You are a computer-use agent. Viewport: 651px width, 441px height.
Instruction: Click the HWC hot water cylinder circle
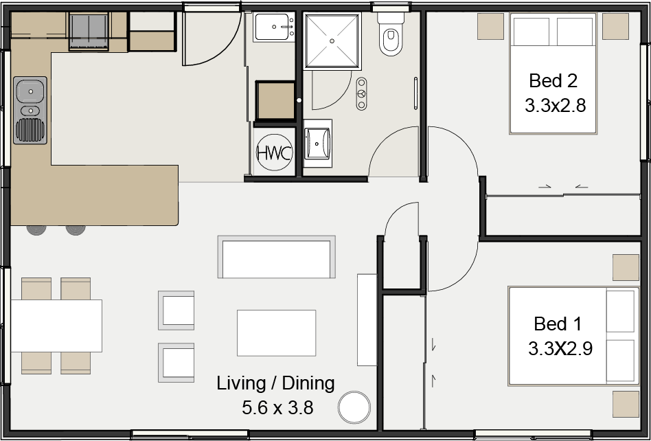pyautogui.click(x=274, y=152)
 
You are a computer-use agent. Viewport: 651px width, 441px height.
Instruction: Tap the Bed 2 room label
pyautogui.click(x=553, y=80)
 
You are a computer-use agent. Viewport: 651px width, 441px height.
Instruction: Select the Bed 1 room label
pyautogui.click(x=558, y=324)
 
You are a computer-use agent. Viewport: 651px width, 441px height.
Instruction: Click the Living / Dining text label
pyautogui.click(x=275, y=383)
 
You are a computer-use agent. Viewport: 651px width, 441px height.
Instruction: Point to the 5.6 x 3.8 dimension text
pyautogui.click(x=277, y=408)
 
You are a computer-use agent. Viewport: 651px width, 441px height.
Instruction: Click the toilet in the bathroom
pyautogui.click(x=391, y=34)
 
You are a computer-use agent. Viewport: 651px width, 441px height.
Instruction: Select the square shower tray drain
pyautogui.click(x=332, y=41)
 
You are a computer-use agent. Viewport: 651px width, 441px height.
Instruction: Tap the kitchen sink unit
pyautogui.click(x=30, y=111)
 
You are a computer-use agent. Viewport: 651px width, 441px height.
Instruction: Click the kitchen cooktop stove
pyautogui.click(x=89, y=32)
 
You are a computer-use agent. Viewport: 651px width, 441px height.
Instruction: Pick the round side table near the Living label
pyautogui.click(x=354, y=407)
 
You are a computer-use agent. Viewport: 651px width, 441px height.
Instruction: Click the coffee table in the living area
pyautogui.click(x=277, y=332)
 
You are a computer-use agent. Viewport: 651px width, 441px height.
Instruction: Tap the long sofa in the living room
pyautogui.click(x=277, y=257)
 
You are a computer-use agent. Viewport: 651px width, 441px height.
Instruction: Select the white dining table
pyautogui.click(x=56, y=326)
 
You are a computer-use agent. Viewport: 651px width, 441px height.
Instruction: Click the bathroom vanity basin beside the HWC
pyautogui.click(x=318, y=144)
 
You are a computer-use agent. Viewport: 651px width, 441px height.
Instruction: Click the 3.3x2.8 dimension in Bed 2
pyautogui.click(x=555, y=106)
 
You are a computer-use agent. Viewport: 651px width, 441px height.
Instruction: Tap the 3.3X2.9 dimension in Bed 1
pyautogui.click(x=560, y=349)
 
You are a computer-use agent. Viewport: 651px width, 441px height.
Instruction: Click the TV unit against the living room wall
pyautogui.click(x=367, y=319)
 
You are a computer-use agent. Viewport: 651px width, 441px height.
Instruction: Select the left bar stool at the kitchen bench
pyautogui.click(x=36, y=230)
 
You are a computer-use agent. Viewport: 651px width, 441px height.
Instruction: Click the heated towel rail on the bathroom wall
pyautogui.click(x=415, y=94)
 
